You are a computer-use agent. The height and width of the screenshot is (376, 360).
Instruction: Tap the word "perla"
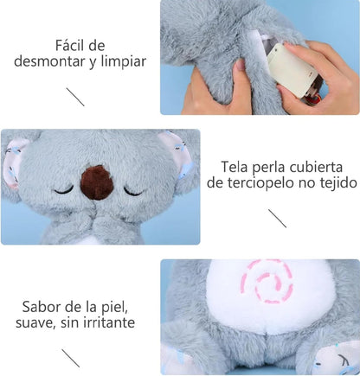pyautogui.click(x=272, y=166)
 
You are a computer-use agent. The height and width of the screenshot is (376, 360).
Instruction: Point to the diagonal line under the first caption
pyautogui.click(x=75, y=96)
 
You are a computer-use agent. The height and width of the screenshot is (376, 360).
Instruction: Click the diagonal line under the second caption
pyautogui.click(x=277, y=218)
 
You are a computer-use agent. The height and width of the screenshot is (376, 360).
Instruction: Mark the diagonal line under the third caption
pyautogui.click(x=70, y=357)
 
